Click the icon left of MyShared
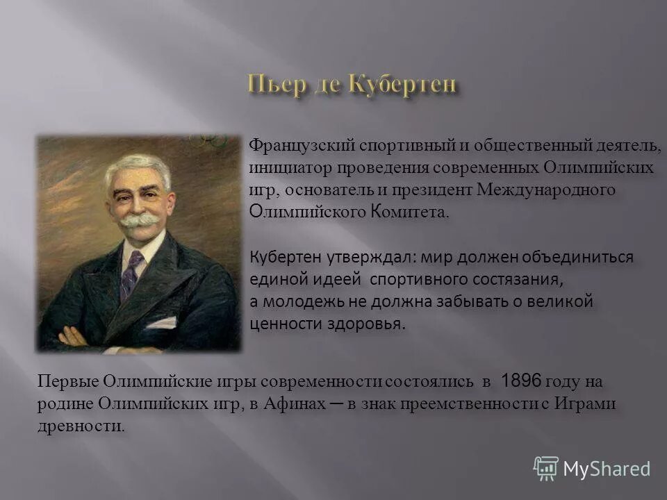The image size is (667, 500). [x=546, y=468]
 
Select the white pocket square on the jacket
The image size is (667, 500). [x=162, y=323]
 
